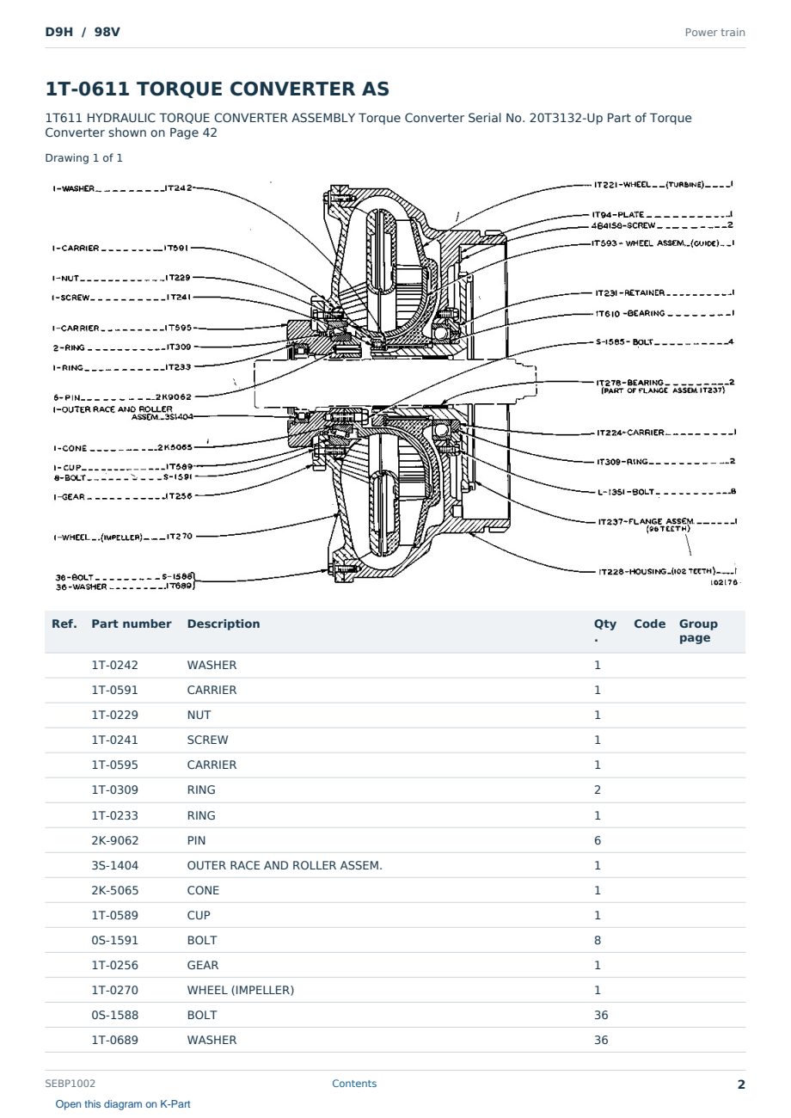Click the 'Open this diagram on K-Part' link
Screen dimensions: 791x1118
[123, 1103]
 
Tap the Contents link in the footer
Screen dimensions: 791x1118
[354, 1083]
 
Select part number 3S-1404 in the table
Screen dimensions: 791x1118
[115, 865]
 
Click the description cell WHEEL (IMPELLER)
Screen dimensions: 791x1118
[241, 990]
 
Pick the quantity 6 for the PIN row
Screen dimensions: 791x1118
[598, 840]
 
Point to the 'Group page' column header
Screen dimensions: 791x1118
[697, 630]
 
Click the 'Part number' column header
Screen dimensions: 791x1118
[132, 623]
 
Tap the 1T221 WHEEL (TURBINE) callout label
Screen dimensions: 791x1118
[663, 185]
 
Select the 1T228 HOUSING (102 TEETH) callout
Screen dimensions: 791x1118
[667, 571]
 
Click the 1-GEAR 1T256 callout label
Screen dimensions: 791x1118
[122, 496]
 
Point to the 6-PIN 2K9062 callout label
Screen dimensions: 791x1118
[122, 397]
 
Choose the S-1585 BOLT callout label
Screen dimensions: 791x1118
[665, 342]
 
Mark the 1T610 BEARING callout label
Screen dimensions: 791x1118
[665, 313]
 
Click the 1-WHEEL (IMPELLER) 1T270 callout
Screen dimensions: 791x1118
[123, 537]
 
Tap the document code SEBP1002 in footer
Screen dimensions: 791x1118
[70, 1083]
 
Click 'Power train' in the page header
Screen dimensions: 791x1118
[714, 33]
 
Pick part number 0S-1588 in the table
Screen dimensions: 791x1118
[115, 1015]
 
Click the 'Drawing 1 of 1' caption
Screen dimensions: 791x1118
[84, 158]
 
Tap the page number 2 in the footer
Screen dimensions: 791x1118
[741, 1084]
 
